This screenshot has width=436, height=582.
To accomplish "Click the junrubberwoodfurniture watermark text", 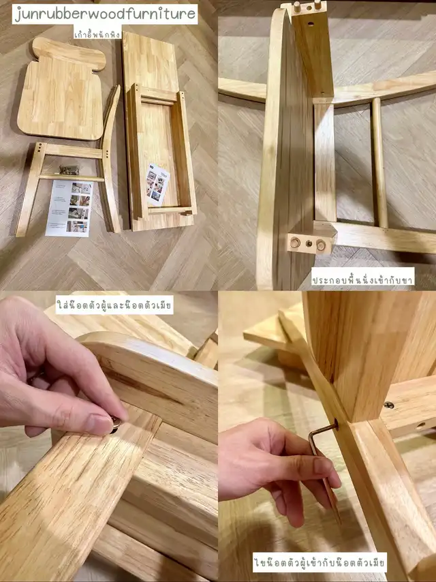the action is point(105,14).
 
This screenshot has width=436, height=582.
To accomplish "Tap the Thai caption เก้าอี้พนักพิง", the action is point(97,33).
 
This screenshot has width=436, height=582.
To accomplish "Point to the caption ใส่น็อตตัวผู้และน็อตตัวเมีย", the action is point(114,305).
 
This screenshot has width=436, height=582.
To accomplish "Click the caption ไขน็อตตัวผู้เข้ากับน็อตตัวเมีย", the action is point(320,562).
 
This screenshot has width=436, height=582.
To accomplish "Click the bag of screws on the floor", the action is point(69,170).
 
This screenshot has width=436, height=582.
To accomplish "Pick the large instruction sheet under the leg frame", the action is point(69,209).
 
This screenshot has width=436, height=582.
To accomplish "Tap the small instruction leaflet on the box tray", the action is point(157,185).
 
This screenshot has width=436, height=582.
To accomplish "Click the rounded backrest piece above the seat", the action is point(69,53).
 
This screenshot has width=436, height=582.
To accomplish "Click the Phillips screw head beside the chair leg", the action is point(388,405).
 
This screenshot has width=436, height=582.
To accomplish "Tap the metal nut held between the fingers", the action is point(114,425).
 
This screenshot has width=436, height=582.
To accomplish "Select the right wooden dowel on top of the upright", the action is point(317,5).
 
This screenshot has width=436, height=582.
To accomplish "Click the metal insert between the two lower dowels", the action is point(309,243).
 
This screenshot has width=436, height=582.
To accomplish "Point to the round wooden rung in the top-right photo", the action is point(379,163).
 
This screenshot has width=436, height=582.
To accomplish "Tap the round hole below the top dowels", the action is point(310,24).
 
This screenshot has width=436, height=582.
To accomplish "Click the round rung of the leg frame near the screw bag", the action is point(72,178).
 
